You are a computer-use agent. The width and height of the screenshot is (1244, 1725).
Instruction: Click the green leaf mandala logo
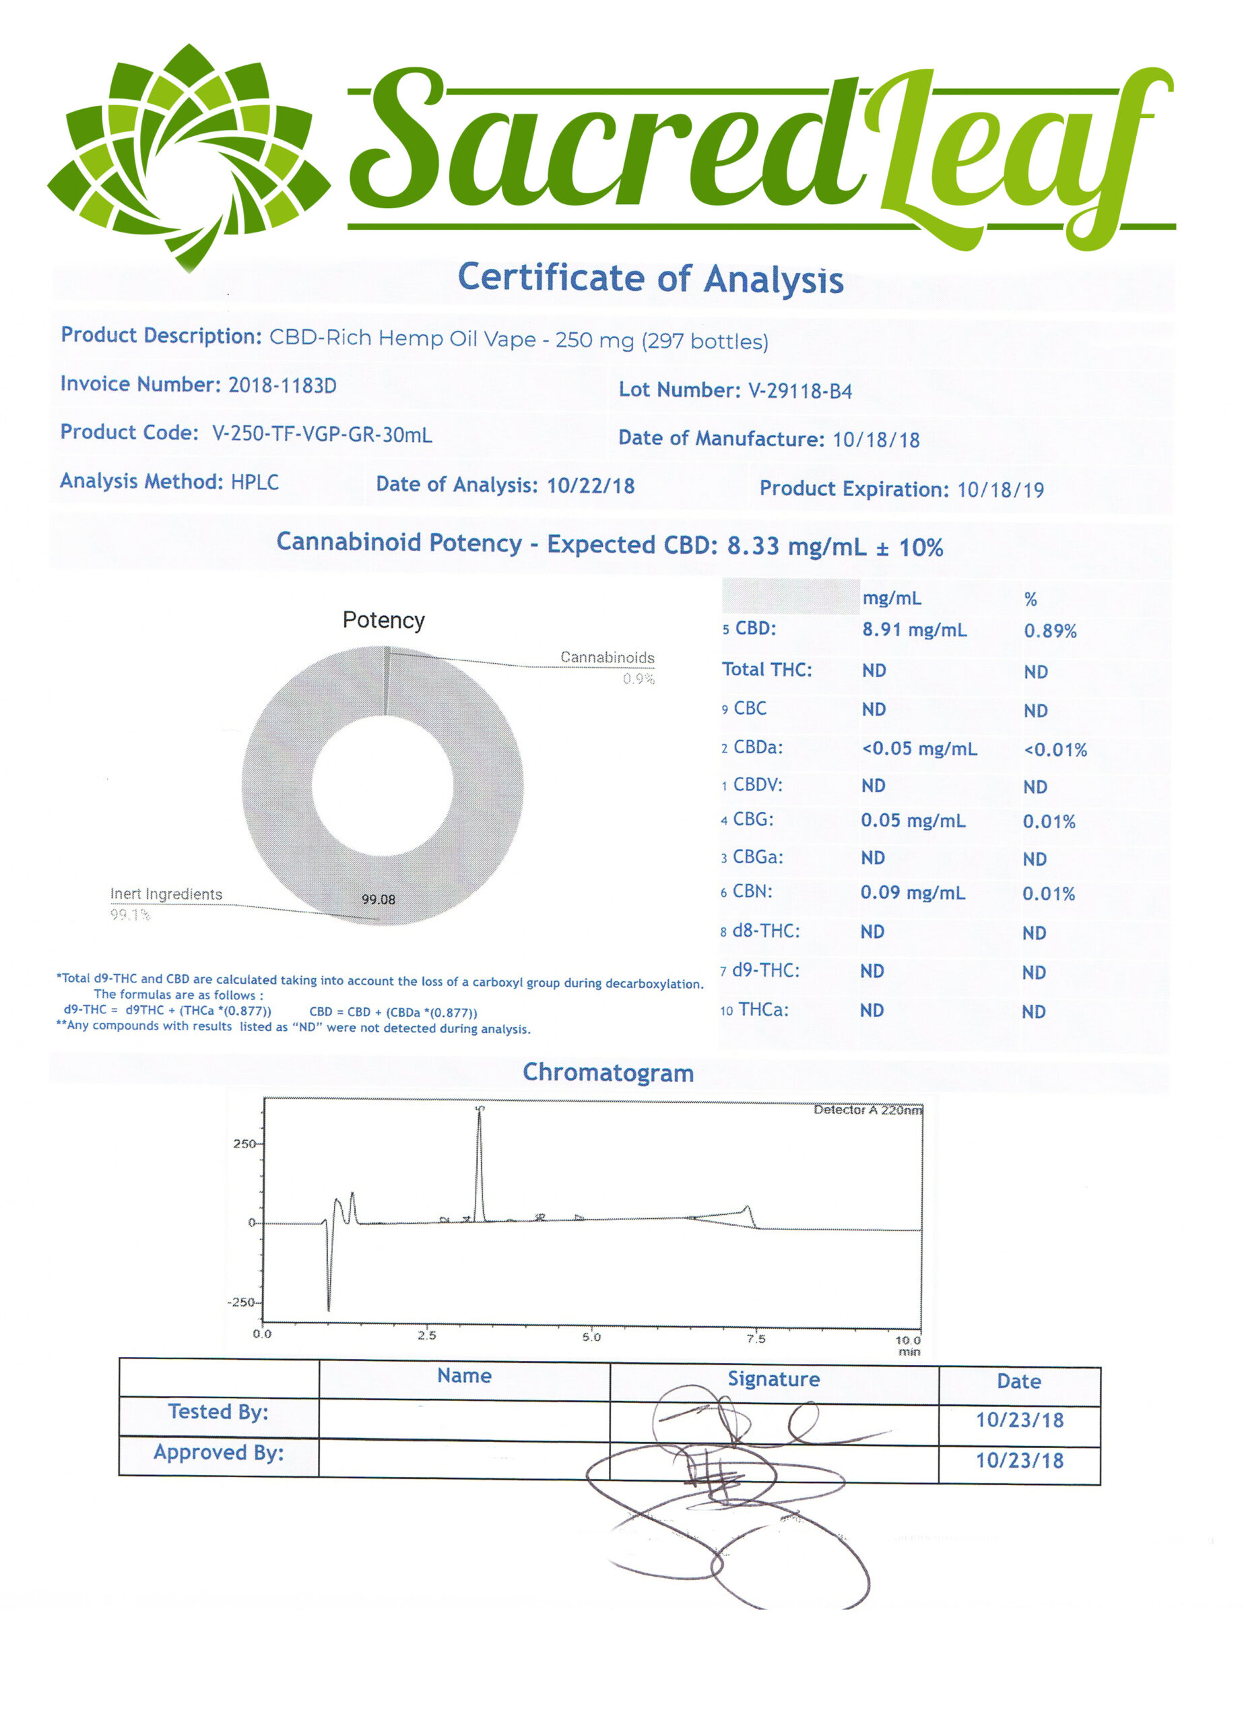189,156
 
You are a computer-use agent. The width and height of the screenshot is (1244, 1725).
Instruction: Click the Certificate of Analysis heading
650,278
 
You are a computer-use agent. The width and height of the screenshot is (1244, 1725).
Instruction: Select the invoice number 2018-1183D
282,385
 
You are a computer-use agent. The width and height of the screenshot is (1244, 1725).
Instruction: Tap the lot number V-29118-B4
800,391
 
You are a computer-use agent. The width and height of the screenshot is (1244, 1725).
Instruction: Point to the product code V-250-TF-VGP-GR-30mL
322,435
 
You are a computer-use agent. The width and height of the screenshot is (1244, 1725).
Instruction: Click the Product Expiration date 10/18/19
1000,490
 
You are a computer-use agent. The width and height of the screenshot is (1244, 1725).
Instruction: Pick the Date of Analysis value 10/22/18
590,485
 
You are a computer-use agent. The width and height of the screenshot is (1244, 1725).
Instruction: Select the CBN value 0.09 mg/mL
913,893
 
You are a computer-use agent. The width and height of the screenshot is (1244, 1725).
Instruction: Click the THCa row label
762,1010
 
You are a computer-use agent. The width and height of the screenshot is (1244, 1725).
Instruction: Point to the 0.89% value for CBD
1050,631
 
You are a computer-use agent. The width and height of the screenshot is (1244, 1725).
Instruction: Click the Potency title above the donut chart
383,621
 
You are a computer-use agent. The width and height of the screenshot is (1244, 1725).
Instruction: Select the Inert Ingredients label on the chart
166,894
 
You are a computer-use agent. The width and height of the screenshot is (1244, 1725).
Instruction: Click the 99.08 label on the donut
378,900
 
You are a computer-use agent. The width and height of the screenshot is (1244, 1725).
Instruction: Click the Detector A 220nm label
867,1110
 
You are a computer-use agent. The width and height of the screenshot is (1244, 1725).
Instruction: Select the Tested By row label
218,1412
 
